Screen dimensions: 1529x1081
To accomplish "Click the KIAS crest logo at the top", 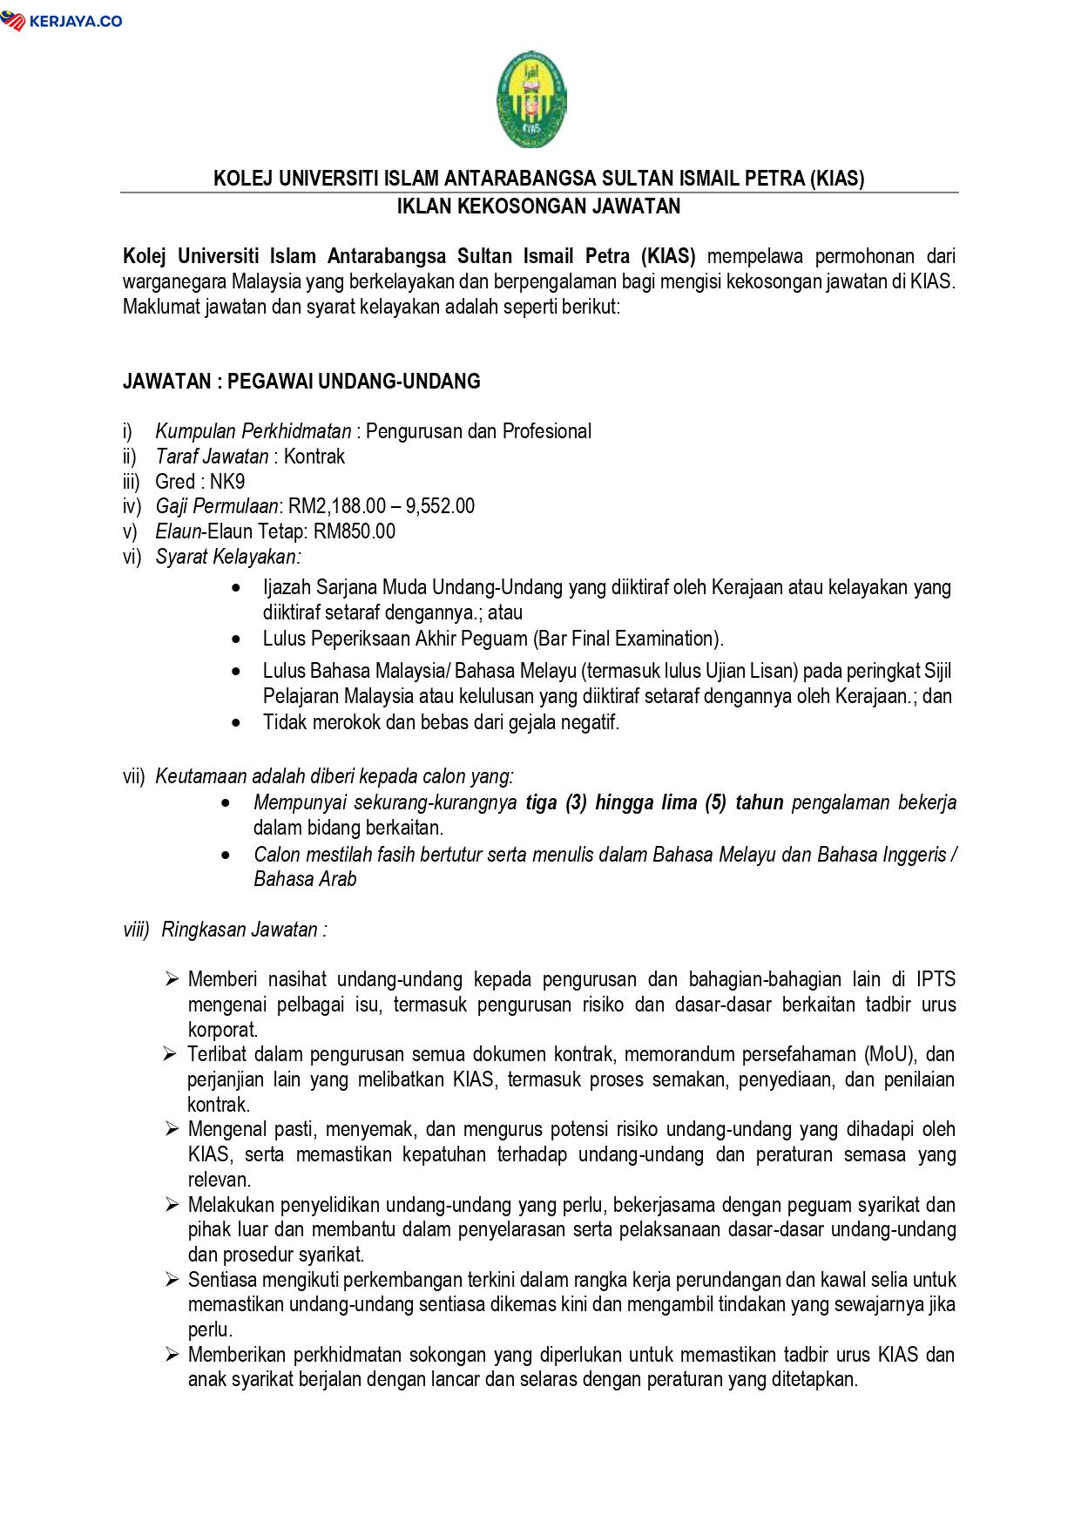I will pos(532,99).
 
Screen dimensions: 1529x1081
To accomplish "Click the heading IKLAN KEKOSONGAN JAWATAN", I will pos(538,207).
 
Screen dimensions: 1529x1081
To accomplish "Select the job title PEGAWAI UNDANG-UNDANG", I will pos(354,382).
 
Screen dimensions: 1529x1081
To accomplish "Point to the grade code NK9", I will pos(227,482).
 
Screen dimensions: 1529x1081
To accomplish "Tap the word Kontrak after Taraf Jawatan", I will pos(314,457).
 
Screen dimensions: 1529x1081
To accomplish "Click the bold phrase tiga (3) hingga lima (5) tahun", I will pos(654,802).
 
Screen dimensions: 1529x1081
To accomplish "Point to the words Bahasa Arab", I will pos(305,879).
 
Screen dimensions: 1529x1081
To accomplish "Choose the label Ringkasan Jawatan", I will pos(244,930).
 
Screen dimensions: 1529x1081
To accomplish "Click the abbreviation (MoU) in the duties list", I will pos(890,1054).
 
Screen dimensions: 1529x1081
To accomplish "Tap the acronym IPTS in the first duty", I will pos(936,979).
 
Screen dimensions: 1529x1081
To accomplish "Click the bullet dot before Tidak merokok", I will pos(238,722).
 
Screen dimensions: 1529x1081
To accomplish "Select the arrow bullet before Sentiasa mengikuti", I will pos(172,1280).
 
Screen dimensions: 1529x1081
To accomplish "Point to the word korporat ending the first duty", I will pos(222,1029).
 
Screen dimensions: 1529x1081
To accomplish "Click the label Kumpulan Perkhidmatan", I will pos(253,431).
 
